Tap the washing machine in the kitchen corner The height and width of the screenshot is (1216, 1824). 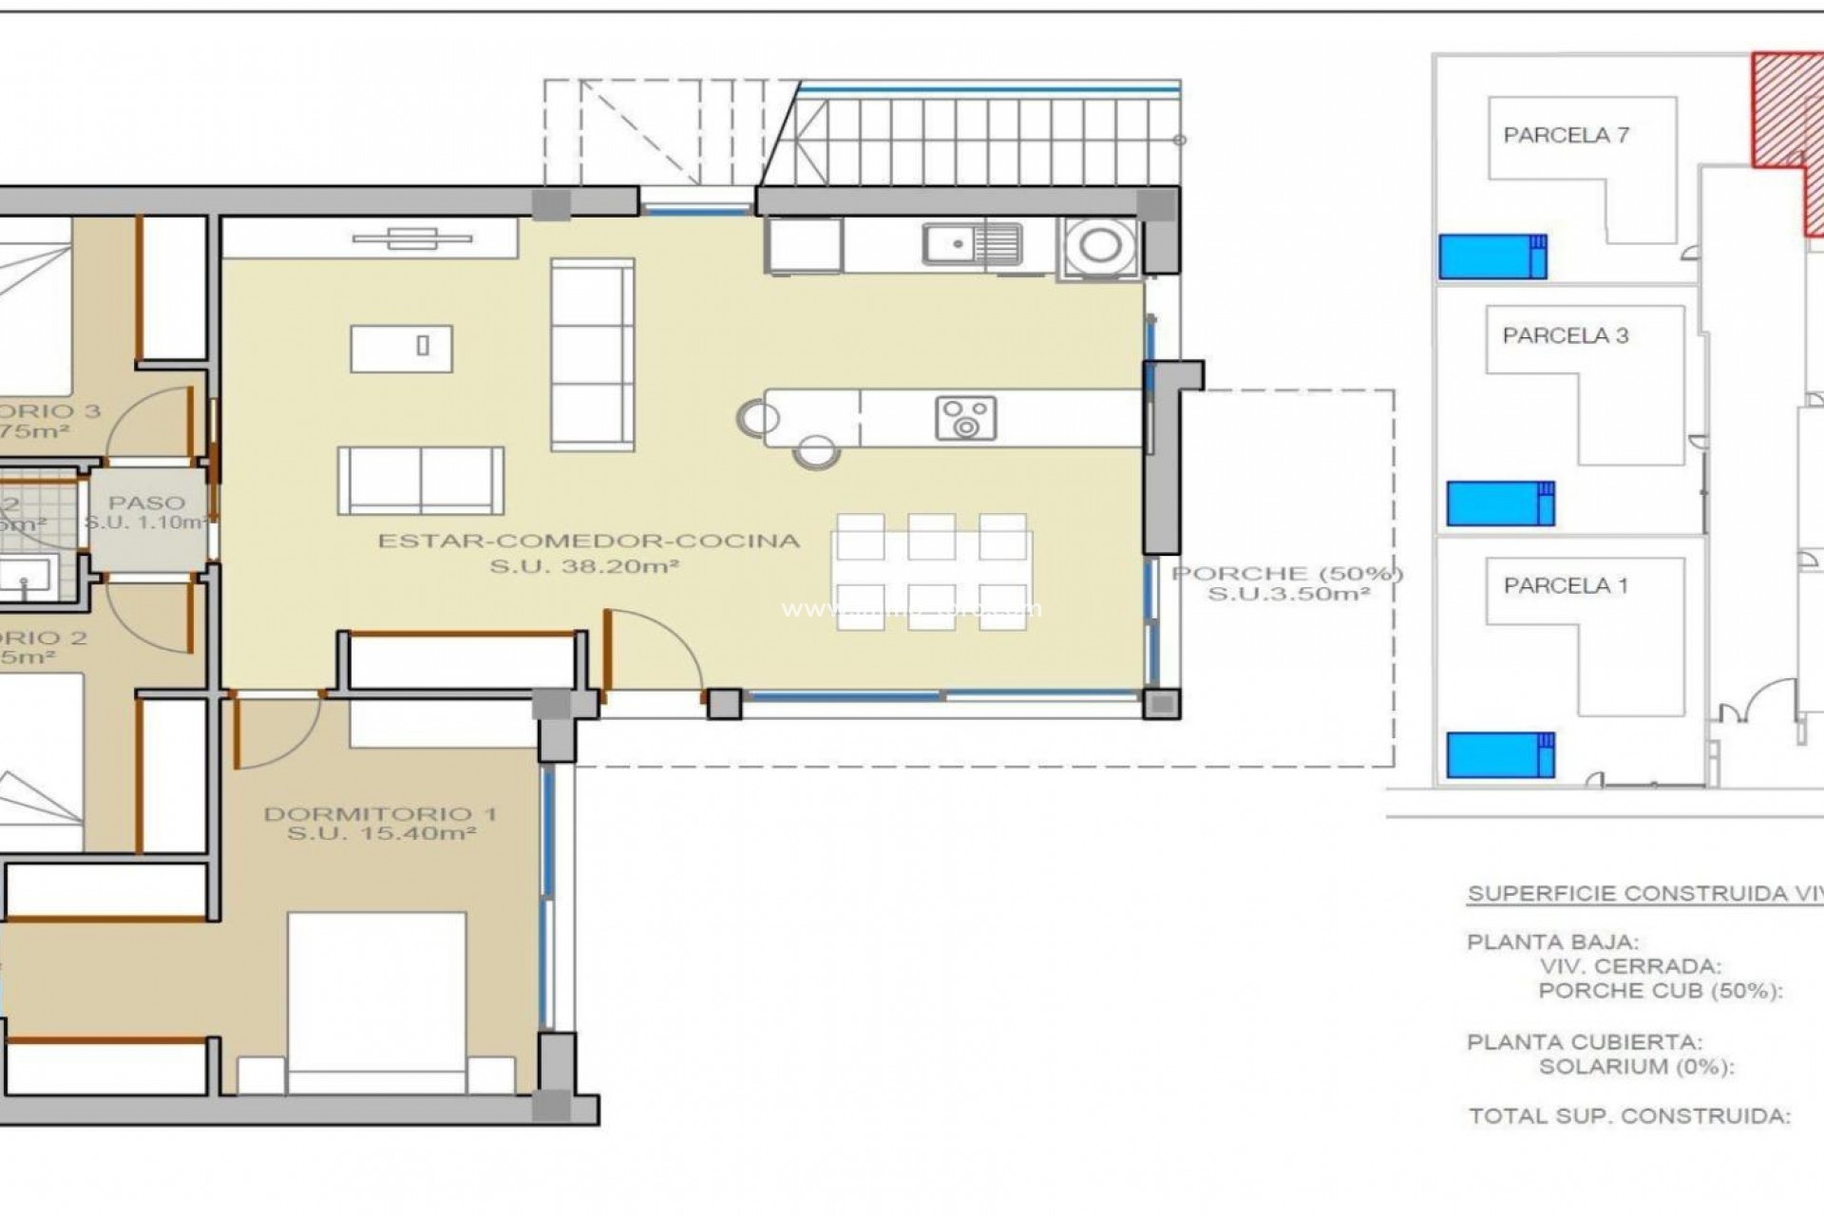1099,246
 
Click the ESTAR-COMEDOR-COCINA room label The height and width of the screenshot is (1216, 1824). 589,541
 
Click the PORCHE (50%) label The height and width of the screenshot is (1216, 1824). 1287,574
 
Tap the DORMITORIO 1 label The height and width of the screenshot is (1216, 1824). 380,814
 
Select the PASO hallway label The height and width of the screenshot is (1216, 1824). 146,503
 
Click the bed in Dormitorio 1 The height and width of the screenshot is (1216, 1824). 377,997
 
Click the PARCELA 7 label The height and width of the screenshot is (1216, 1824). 1566,136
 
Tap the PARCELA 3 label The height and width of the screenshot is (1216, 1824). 1566,335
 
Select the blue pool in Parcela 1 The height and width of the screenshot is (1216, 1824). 1500,754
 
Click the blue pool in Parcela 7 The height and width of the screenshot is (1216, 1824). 1492,256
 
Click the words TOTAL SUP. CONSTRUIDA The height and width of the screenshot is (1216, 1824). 1629,1116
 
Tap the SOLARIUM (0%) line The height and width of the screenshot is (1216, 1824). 1636,1066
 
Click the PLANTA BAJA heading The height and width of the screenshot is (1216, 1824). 1553,942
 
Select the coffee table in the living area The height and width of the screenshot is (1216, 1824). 401,348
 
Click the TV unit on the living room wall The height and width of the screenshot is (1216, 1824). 412,238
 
